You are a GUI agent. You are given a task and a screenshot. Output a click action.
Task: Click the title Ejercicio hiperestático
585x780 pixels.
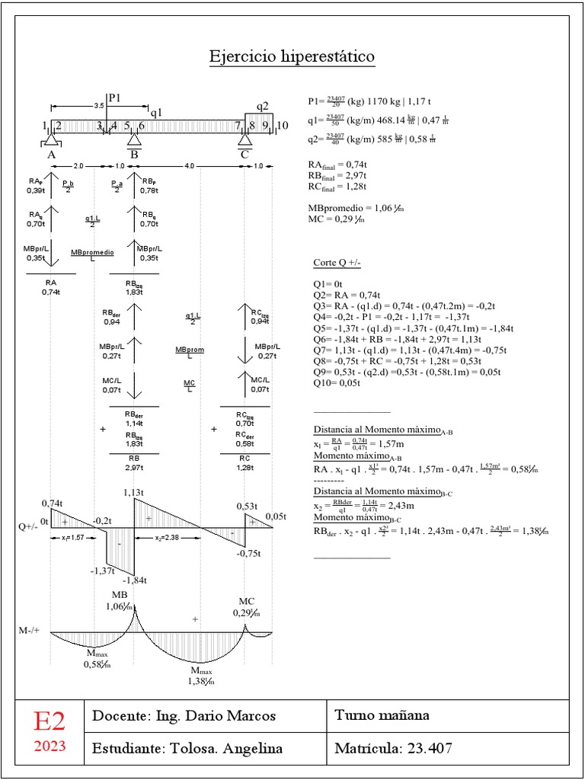tap(292, 58)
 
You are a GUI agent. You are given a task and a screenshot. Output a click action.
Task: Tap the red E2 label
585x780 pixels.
tap(49, 721)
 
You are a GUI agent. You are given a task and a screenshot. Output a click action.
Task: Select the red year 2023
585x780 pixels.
tap(49, 746)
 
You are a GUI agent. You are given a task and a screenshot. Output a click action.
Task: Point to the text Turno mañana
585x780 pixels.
tap(382, 715)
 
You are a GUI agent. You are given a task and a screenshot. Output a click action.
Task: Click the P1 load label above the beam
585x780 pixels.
tap(115, 97)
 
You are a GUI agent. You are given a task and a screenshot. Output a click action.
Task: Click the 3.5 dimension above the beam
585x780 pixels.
tap(98, 107)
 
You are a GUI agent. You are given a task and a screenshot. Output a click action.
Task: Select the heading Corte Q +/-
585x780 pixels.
tap(337, 264)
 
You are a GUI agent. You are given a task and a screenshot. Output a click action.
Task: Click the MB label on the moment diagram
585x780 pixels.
tap(120, 595)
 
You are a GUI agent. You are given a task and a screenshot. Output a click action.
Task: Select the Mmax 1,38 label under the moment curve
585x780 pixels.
tap(201, 676)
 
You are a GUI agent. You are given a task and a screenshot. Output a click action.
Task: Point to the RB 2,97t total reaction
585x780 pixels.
tap(135, 462)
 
